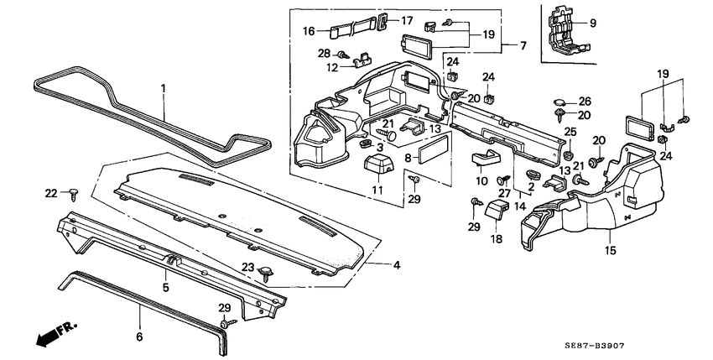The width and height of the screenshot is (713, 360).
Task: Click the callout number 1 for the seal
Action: point(164,88)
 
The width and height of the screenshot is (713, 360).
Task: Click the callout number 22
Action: point(50,193)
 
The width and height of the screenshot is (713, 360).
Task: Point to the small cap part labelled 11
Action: point(379,164)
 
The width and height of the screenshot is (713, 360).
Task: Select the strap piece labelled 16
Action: point(346,31)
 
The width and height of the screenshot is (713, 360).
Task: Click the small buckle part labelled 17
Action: point(383,20)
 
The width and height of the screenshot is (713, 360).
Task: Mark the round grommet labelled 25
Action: point(569,154)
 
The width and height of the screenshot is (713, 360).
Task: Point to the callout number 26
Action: point(585,100)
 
